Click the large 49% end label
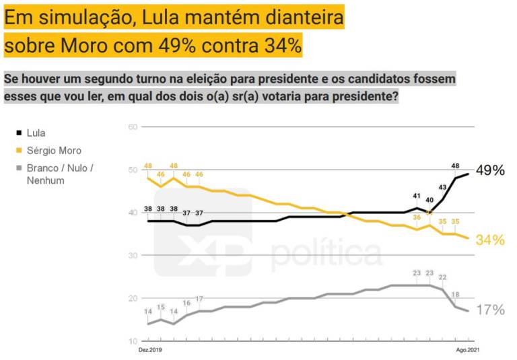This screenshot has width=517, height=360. [x=490, y=170]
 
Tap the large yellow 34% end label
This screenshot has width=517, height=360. [x=490, y=240]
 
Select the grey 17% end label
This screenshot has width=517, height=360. [x=490, y=310]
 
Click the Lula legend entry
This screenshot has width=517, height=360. [x=35, y=133]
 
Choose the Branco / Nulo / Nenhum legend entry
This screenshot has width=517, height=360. [x=60, y=174]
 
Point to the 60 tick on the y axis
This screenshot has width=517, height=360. [x=133, y=127]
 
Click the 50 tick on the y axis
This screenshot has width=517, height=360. [x=133, y=170]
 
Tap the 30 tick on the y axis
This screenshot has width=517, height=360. [x=133, y=255]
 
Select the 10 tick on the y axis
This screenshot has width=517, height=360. [x=133, y=340]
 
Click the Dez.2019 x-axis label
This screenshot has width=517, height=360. [x=150, y=351]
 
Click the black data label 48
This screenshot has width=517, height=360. [x=456, y=166]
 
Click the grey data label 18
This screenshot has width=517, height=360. [x=456, y=294]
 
